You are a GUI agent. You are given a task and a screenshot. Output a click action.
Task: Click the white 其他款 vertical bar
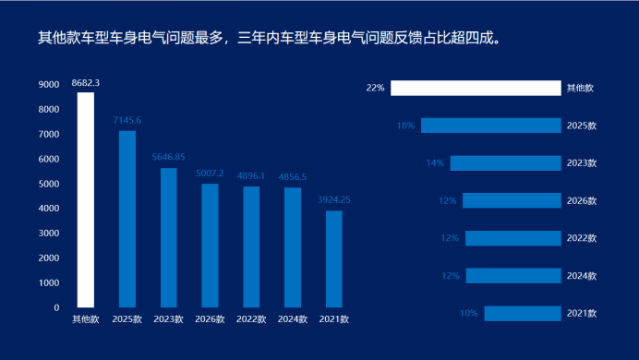pos(86,200)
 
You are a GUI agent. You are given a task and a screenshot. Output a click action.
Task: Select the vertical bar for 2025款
pos(127,219)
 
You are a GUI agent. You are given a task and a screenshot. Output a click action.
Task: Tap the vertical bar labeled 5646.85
pos(169,238)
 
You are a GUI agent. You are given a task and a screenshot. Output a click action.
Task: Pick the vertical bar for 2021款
pos(334,259)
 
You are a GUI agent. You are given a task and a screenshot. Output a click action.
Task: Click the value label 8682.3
pos(86,83)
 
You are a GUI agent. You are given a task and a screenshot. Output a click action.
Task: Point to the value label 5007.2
pos(210,174)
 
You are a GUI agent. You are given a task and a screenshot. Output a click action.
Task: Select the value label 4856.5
pos(293,176)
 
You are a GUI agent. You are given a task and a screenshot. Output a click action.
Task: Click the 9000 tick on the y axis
pos(49,84)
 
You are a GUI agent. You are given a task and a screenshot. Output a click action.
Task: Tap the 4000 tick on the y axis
pos(49,208)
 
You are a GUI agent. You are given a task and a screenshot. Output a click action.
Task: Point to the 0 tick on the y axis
pos(56,308)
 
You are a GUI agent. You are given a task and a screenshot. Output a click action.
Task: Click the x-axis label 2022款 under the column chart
pos(251,319)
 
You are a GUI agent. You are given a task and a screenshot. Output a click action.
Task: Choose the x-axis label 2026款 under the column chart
pos(210,319)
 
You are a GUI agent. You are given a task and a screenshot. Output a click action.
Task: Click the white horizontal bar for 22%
pos(476,88)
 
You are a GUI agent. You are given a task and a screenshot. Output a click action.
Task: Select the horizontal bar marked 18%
pos(491,126)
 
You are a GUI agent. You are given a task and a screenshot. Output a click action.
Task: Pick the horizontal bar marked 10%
pos(523,314)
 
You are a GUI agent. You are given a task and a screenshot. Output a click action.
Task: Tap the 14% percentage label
pos(435,162)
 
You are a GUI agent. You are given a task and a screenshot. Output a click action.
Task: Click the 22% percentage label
pos(375,88)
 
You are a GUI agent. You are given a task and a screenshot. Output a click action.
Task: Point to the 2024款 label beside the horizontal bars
pos(582,276)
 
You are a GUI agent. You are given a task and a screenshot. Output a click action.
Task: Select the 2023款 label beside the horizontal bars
pos(582,162)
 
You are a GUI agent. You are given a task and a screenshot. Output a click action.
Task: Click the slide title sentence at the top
pos(270,38)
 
